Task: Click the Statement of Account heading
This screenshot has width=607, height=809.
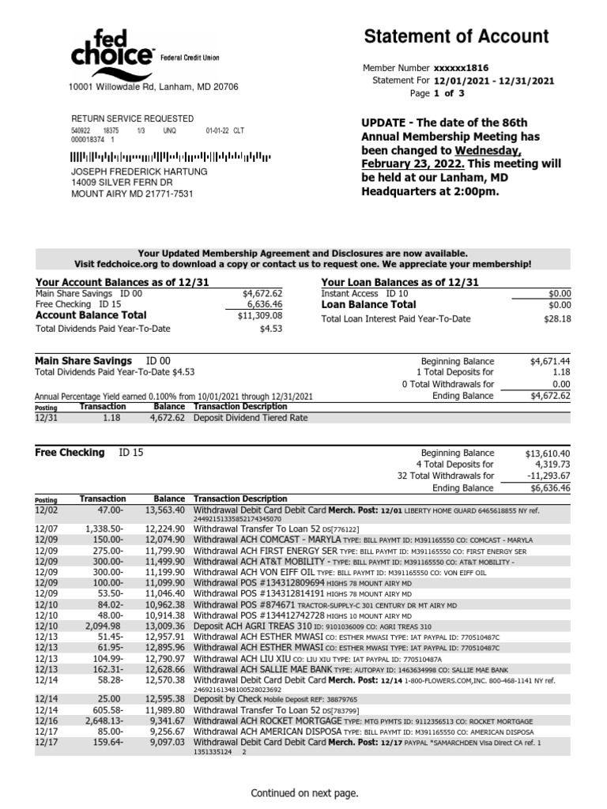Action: point(456,36)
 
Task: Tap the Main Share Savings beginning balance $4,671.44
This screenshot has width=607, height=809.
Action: point(549,360)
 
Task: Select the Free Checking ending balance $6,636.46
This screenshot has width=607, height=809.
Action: point(548,488)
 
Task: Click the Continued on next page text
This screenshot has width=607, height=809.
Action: point(304,792)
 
